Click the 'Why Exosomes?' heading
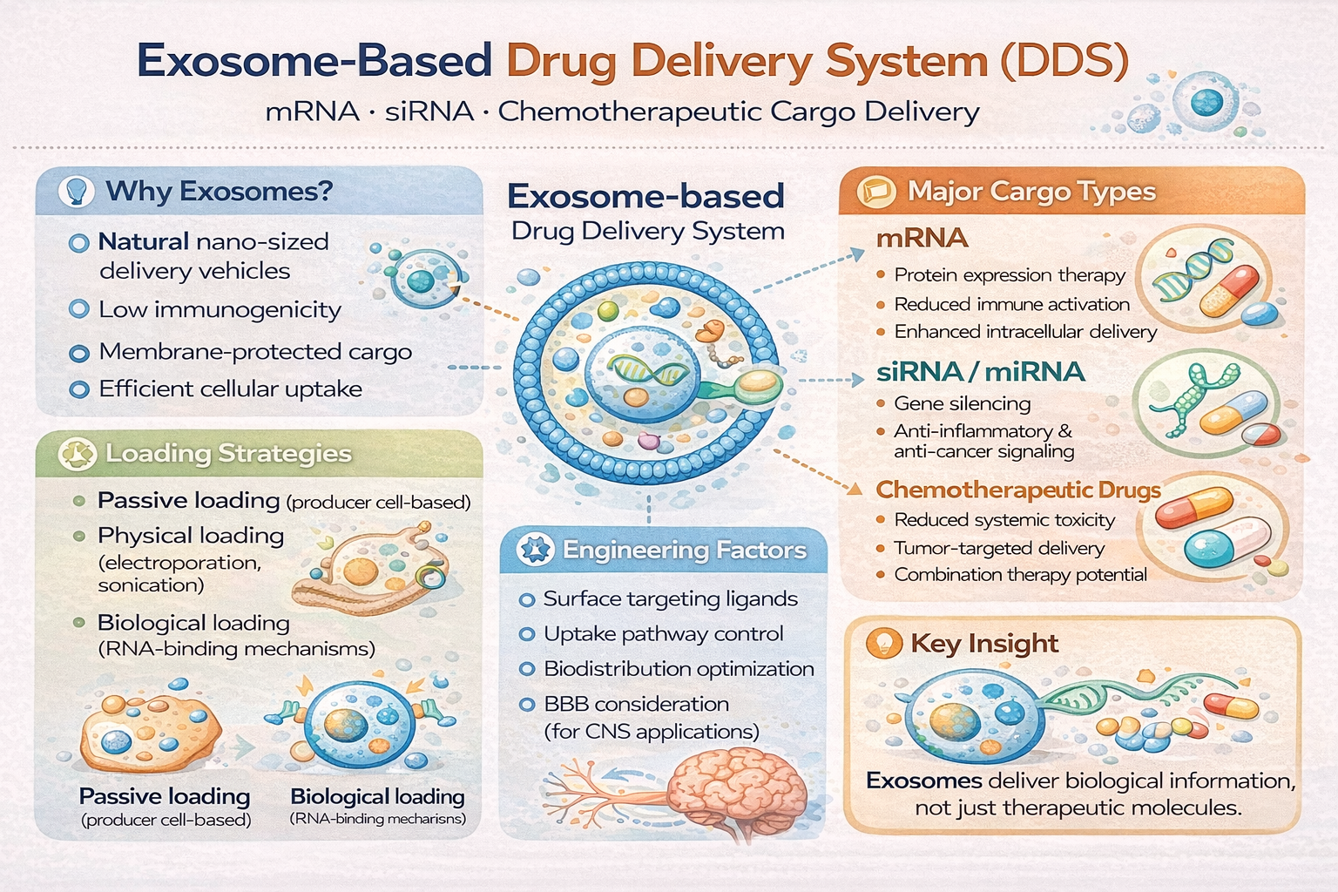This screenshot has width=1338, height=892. [x=219, y=191]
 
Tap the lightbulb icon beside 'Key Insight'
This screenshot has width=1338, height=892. [x=883, y=644]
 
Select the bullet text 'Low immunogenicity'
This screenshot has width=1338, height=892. [x=220, y=309]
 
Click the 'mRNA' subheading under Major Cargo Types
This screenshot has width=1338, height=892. [x=922, y=238]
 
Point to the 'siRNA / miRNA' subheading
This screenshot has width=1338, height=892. [x=980, y=372]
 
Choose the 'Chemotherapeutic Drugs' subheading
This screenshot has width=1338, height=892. [x=1017, y=490]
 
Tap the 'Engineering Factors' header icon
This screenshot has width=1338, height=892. [x=535, y=550]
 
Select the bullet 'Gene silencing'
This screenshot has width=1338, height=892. [x=963, y=404]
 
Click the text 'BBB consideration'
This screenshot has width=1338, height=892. [x=636, y=704]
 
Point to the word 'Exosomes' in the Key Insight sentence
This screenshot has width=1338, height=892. [x=923, y=780]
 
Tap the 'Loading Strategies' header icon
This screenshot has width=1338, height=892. [x=77, y=454]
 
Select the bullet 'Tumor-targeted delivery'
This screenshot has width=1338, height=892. [x=999, y=548]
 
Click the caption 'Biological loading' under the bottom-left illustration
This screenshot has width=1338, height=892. [x=377, y=796]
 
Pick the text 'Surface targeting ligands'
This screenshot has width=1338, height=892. [x=670, y=598]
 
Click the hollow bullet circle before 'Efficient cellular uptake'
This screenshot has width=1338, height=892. [x=79, y=389]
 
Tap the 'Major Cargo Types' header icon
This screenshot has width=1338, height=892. [x=875, y=192]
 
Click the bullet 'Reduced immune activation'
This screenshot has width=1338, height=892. [x=1012, y=305]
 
